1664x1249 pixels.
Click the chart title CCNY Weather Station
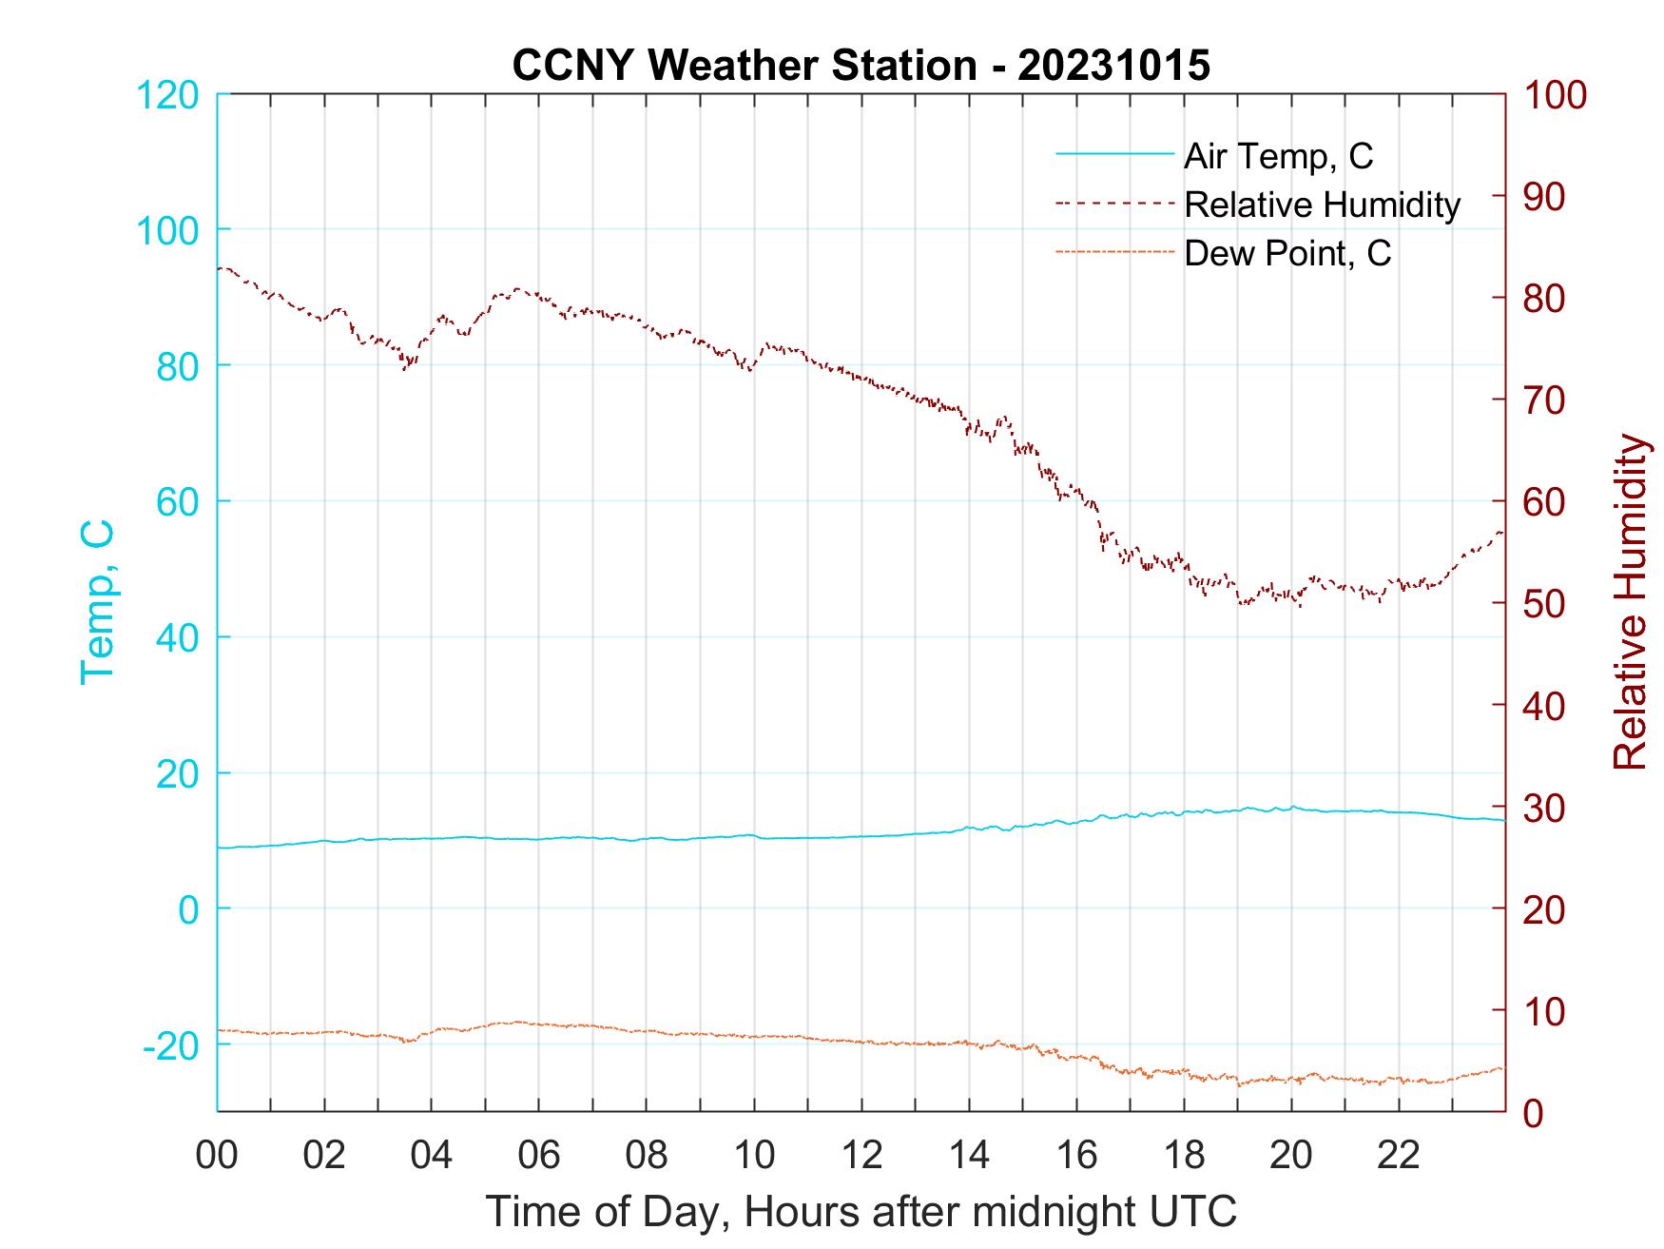coord(861,66)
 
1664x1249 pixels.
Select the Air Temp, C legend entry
coord(1278,156)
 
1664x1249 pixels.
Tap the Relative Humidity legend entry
coord(1322,205)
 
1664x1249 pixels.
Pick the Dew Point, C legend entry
coord(1287,253)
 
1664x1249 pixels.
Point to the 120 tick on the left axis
coord(167,95)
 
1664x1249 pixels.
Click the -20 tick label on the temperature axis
coord(171,1045)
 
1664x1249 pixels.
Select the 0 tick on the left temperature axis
coord(188,909)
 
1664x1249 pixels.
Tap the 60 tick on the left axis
coord(177,501)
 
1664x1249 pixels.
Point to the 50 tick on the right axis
coord(1545,604)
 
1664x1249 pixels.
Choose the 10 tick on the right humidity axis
coord(1545,1010)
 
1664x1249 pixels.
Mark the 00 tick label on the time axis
coord(217,1156)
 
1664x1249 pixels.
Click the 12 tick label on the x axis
coord(861,1156)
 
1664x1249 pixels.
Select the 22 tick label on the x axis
coord(1399,1156)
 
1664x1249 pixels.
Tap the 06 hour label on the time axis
coord(539,1156)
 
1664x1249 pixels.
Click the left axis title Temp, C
coord(98,601)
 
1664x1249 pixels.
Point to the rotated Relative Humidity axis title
coord(1630,601)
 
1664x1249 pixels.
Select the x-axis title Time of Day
coord(861,1212)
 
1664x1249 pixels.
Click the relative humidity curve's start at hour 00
coord(220,268)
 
